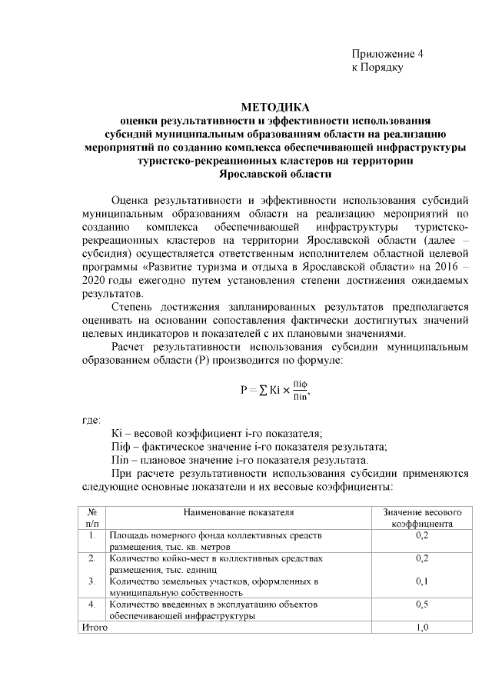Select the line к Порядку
(377, 68)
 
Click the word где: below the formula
(91, 420)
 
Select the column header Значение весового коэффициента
(421, 517)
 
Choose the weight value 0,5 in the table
(421, 604)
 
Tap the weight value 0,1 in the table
(421, 581)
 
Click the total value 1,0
(421, 628)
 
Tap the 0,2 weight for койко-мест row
(421, 558)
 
